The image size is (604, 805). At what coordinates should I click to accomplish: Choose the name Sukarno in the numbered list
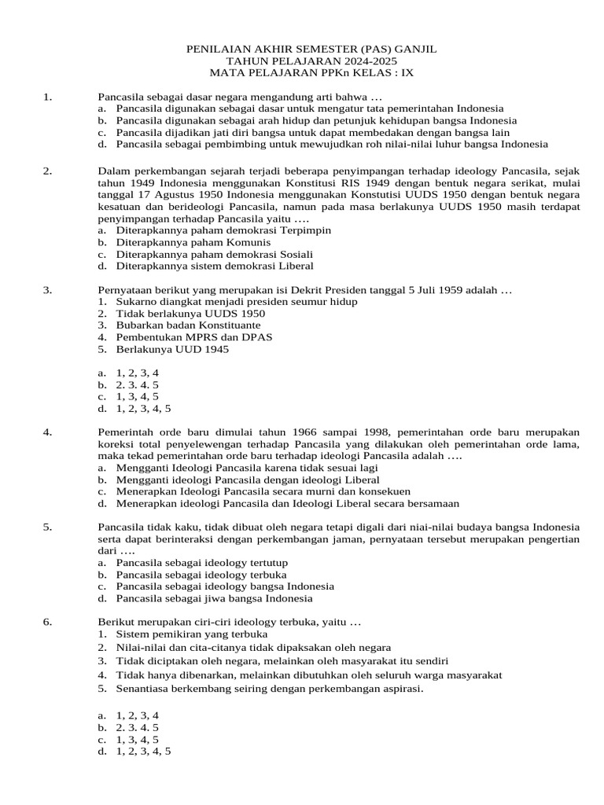[x=136, y=302]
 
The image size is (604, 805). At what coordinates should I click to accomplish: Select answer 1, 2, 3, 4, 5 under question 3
[x=143, y=409]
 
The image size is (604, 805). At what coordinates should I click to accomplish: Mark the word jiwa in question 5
[x=212, y=598]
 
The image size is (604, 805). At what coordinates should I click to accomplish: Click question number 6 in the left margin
[x=48, y=623]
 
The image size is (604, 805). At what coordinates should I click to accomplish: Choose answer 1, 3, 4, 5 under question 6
[x=138, y=740]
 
